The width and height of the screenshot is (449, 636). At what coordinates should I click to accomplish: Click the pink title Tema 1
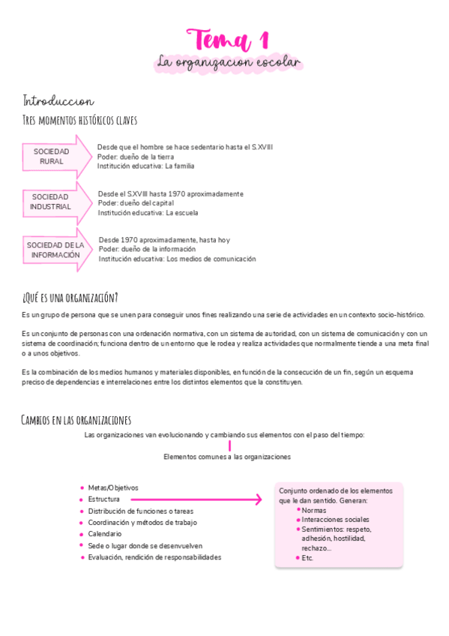228,38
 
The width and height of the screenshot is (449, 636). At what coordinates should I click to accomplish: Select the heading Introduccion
58,100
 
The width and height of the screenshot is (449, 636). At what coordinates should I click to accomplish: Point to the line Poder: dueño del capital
136,203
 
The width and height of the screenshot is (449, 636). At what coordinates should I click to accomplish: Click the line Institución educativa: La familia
145,166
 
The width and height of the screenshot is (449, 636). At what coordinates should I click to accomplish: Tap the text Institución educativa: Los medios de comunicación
177,259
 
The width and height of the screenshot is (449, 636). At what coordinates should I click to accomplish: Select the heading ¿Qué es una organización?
70,297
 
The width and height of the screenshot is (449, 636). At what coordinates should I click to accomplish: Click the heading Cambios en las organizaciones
76,420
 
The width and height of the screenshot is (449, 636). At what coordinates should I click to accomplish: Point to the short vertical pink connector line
229,445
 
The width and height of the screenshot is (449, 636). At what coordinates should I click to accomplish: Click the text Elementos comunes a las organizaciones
227,456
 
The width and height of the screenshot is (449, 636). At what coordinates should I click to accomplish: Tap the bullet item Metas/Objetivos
113,487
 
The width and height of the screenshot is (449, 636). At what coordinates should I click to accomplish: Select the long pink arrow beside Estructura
196,499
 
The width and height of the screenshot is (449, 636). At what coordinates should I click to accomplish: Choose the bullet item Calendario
104,534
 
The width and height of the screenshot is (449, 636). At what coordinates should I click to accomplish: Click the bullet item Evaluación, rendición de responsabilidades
154,557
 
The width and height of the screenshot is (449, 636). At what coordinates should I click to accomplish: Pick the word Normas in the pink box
313,510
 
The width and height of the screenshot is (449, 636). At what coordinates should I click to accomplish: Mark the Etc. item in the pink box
307,558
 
